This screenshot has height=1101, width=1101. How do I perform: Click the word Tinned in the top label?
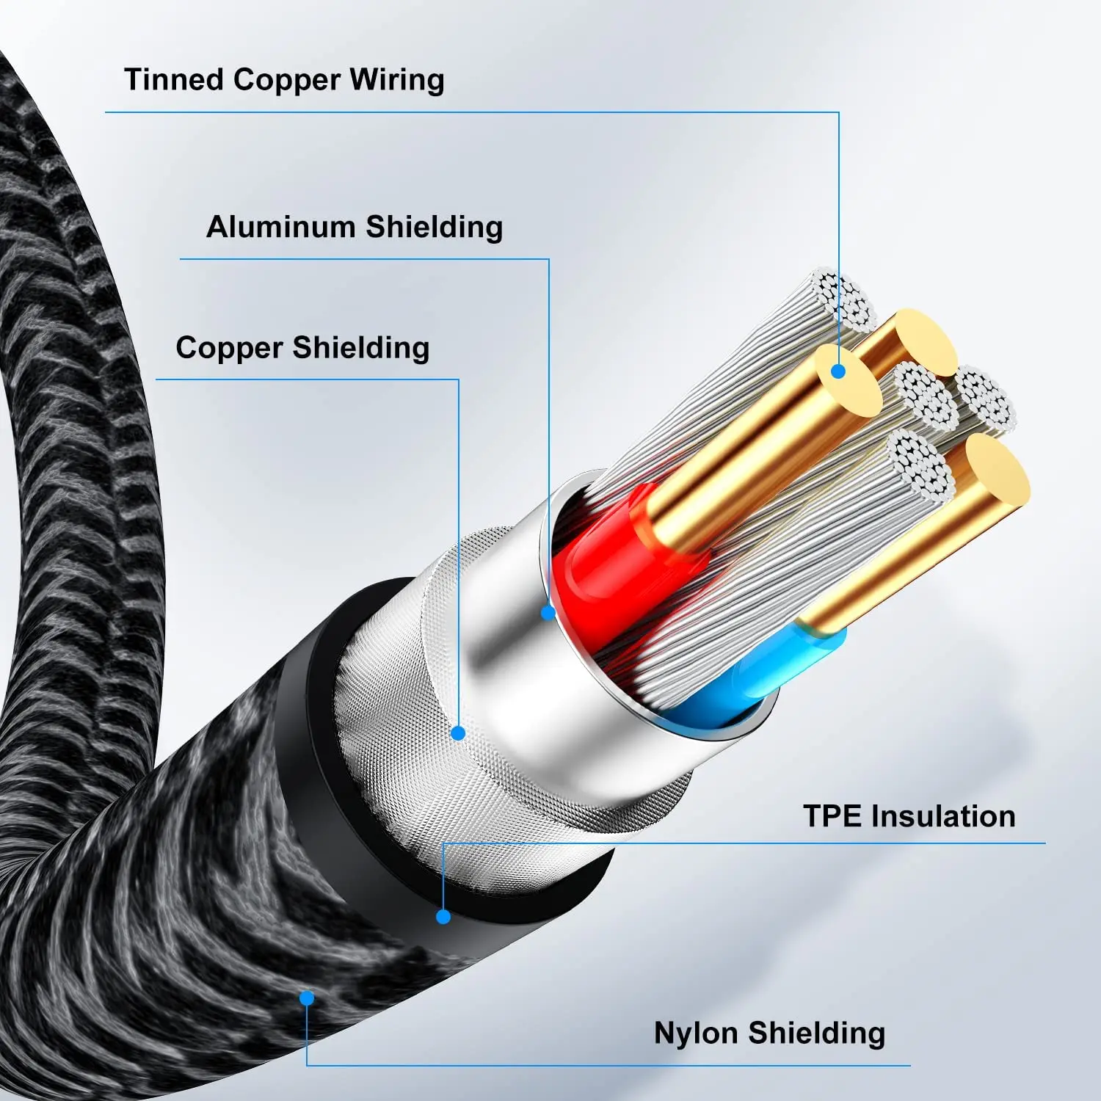coord(173,79)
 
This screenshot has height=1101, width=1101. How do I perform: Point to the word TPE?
coord(832,816)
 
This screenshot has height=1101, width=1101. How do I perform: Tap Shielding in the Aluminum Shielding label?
coord(434,226)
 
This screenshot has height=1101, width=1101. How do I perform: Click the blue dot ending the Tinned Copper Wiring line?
coord(838,371)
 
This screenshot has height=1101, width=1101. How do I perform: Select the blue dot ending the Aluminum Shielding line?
coord(548,611)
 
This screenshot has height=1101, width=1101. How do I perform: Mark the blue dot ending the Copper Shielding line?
coord(458,733)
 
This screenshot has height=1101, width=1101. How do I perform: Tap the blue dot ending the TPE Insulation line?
coord(443,916)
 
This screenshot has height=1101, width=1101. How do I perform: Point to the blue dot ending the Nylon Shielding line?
coord(307,998)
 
